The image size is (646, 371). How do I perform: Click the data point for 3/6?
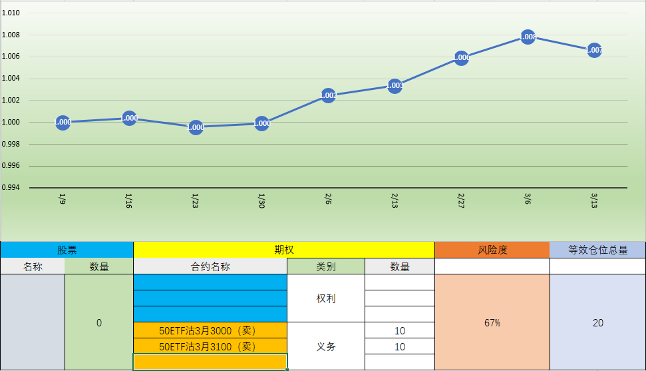coord(528,37)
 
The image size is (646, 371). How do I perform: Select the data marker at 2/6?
coord(328,95)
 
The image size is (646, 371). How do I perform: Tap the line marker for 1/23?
coord(196,127)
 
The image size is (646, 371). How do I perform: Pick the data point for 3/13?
coord(594,50)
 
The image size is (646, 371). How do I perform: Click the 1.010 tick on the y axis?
coord(11,13)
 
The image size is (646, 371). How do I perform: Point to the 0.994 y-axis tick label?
coord(11,188)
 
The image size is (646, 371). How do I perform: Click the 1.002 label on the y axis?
coord(11,100)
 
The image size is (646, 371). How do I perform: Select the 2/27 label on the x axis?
coord(461,200)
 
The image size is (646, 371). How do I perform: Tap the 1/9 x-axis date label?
coord(63,199)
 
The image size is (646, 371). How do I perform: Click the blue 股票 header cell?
coord(67,250)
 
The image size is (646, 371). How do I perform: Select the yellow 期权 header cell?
coord(284,250)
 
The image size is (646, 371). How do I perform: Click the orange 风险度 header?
coord(492,250)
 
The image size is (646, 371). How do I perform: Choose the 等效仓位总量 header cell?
coord(597,250)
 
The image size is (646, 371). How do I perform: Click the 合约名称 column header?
coord(210,266)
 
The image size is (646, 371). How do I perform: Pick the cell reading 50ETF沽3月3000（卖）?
coord(210,330)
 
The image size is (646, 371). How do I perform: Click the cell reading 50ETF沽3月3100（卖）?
coord(210,346)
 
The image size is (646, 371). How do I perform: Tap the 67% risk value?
coord(492,322)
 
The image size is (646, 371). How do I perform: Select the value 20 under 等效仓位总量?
coord(597,322)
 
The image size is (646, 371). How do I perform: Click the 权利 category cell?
coord(326,298)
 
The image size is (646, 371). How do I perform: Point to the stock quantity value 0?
coord(99,322)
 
